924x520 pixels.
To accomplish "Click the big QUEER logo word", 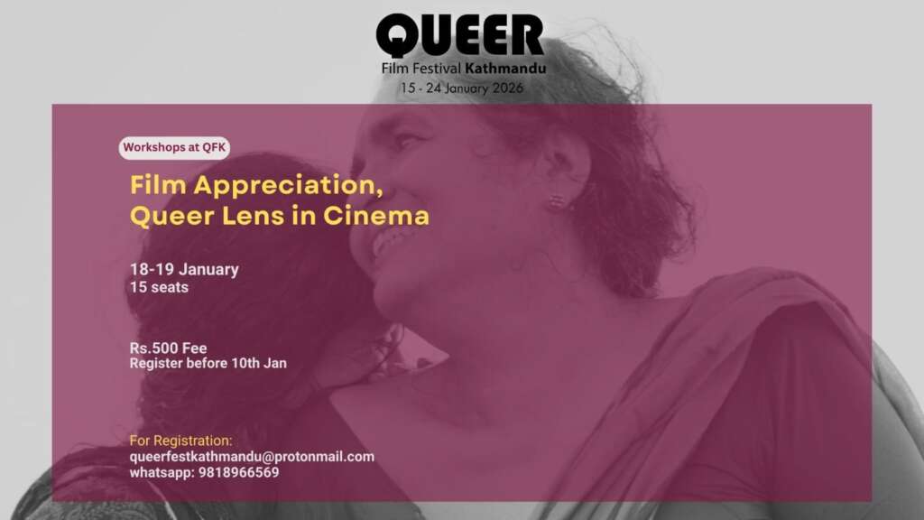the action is click(460, 36).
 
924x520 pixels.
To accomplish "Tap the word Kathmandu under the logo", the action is click(505, 69).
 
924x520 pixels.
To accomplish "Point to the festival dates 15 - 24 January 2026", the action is click(462, 88).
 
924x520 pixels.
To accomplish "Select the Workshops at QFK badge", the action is click(174, 147).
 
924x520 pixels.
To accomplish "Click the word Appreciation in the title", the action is click(288, 186).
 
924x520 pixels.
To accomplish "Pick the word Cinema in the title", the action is click(376, 215).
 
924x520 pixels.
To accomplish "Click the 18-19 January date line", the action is click(184, 269).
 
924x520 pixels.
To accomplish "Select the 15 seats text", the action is click(159, 287).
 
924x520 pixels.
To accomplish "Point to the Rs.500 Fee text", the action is click(169, 348).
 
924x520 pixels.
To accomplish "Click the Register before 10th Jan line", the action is click(208, 363).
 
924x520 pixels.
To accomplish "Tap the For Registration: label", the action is click(180, 441).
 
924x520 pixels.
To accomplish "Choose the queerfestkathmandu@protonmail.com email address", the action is click(252, 456).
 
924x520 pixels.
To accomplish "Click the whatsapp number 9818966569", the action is click(238, 472).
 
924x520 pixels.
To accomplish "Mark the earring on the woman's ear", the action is click(557, 202).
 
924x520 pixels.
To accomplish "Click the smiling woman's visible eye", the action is click(405, 141).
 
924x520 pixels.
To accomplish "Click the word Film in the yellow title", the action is click(159, 185).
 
